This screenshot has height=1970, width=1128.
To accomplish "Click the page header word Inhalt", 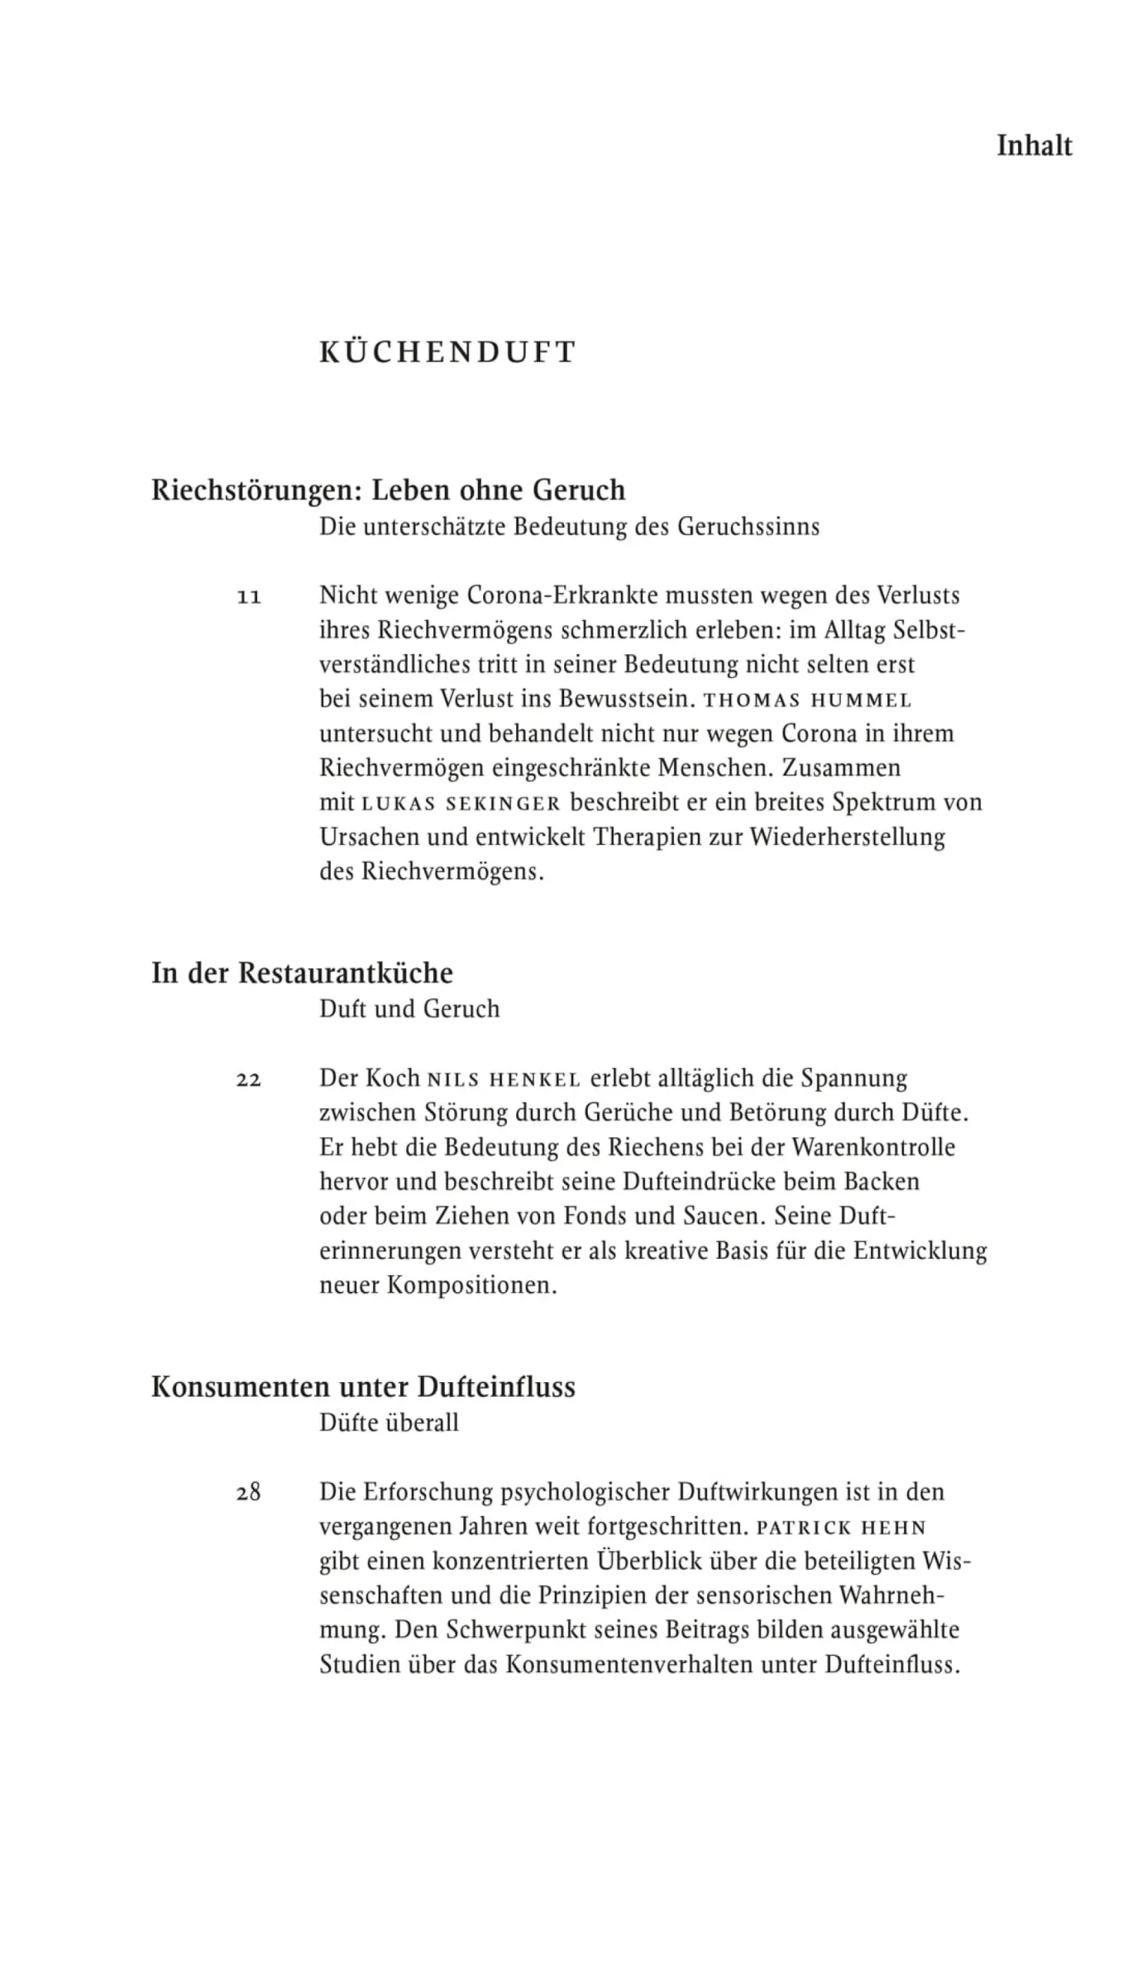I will pyautogui.click(x=1033, y=146).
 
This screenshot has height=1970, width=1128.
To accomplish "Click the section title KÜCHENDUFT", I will pyautogui.click(x=448, y=352).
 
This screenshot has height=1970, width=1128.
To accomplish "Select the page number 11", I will pyautogui.click(x=249, y=597).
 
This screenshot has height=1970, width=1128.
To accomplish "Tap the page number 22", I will pyautogui.click(x=249, y=1080).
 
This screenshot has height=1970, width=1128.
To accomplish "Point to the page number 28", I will pyautogui.click(x=249, y=1493).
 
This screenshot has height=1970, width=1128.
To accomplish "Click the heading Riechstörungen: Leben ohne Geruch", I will pyautogui.click(x=388, y=490).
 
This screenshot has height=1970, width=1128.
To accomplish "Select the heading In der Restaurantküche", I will pyautogui.click(x=302, y=973).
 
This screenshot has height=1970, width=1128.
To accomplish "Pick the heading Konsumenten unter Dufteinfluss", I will pyautogui.click(x=363, y=1386).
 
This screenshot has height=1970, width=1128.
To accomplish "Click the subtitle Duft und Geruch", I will pyautogui.click(x=409, y=1009).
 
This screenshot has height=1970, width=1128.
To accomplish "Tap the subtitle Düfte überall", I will pyautogui.click(x=389, y=1422).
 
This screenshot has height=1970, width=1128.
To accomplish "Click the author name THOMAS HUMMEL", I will pyautogui.click(x=807, y=700).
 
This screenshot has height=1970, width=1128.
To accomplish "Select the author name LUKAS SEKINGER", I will pyautogui.click(x=461, y=803).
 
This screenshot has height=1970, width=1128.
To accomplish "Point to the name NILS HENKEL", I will pyautogui.click(x=504, y=1080).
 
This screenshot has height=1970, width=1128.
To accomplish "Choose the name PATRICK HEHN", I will pyautogui.click(x=841, y=1528).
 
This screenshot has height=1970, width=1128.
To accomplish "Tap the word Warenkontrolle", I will pyautogui.click(x=874, y=1147).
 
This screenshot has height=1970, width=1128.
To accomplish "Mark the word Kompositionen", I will pyautogui.click(x=472, y=1285).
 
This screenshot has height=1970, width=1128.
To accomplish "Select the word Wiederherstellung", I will pyautogui.click(x=847, y=837).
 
